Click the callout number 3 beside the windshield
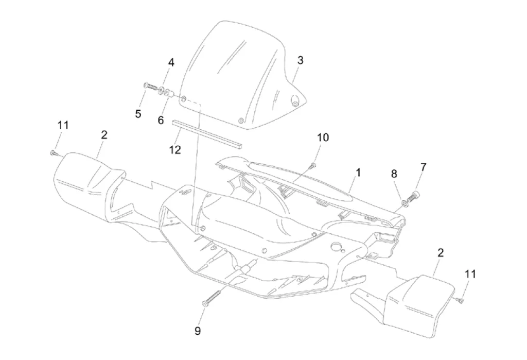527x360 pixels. pyautogui.click(x=300, y=60)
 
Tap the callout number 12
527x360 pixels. pyautogui.click(x=175, y=149)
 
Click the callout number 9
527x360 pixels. pyautogui.click(x=198, y=331)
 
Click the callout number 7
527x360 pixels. pyautogui.click(x=423, y=167)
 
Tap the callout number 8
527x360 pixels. pyautogui.click(x=394, y=174)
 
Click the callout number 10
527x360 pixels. pyautogui.click(x=323, y=138)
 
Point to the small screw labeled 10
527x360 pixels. pyautogui.click(x=312, y=165)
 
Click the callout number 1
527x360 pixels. pyautogui.click(x=358, y=173)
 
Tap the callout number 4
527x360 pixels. pyautogui.click(x=171, y=62)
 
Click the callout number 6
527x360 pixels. pyautogui.click(x=161, y=120)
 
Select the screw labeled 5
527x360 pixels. pyautogui.click(x=150, y=87)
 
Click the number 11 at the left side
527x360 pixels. pyautogui.click(x=63, y=125)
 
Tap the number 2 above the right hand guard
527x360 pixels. pyautogui.click(x=441, y=253)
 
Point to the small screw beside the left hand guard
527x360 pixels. pyautogui.click(x=53, y=152)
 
